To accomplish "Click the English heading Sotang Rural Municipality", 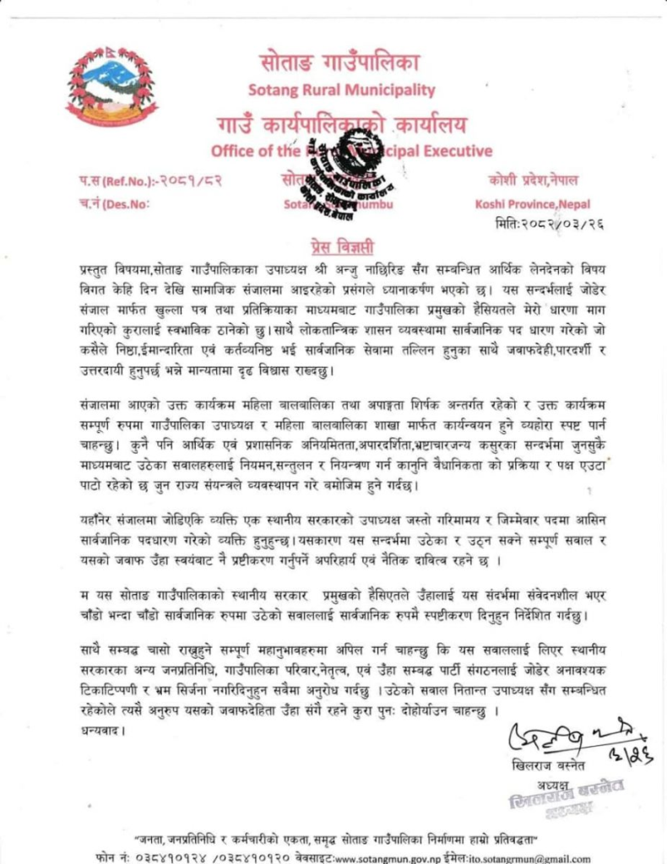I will (341, 89).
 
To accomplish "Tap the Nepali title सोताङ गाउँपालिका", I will (340, 62).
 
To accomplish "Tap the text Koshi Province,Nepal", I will (532, 203).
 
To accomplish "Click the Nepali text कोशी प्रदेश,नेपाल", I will (532, 179).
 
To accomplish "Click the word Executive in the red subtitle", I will (457, 152).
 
